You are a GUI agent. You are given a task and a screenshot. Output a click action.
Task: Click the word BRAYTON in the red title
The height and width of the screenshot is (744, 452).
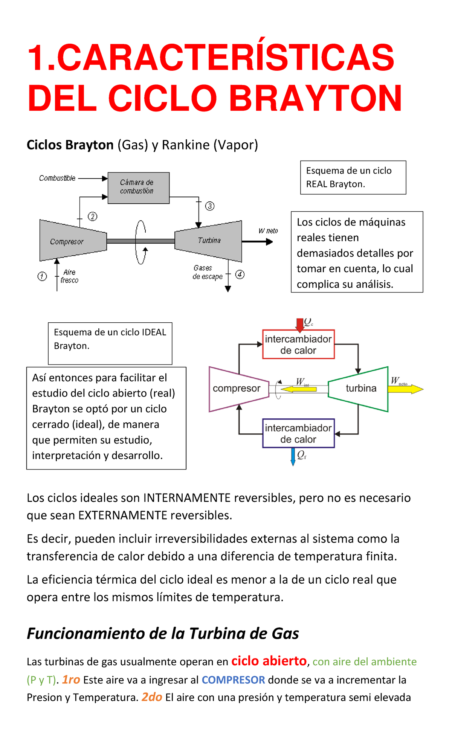[x=316, y=98]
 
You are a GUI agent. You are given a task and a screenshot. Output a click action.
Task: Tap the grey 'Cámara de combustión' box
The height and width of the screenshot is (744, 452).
[x=138, y=188]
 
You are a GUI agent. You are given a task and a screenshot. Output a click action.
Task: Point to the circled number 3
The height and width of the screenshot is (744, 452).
[x=210, y=206]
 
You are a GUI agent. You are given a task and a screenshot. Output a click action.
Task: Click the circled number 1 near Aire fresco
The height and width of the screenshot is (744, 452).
[x=42, y=276]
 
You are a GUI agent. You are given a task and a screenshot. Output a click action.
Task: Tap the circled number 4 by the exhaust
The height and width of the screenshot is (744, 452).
[x=240, y=274]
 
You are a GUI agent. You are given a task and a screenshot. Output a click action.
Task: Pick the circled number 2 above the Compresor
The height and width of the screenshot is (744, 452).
[x=92, y=216]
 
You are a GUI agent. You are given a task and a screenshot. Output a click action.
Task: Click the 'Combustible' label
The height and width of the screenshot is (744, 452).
[x=57, y=178]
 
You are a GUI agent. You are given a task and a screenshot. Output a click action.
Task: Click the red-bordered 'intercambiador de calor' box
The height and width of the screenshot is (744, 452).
[x=298, y=345]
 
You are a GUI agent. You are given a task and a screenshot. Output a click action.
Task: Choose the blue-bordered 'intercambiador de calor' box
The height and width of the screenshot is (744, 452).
[x=298, y=433]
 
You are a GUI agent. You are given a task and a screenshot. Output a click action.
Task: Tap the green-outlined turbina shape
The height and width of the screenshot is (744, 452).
[x=360, y=389]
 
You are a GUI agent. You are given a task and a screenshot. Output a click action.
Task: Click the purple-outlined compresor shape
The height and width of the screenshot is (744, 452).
[x=237, y=389]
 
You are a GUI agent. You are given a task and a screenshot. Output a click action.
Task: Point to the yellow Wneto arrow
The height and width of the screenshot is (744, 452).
[x=405, y=389]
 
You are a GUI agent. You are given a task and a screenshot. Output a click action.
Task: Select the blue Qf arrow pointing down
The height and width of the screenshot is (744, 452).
[x=293, y=456]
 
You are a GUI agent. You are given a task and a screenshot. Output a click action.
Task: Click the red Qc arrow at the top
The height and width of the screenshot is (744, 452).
[x=300, y=325]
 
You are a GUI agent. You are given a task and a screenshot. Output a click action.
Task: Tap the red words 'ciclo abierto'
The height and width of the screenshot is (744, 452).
[x=269, y=661]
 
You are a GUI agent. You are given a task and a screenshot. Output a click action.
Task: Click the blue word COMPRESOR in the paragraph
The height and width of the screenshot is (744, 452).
[x=233, y=680]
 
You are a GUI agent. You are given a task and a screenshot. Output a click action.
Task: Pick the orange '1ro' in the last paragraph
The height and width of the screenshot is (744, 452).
[x=71, y=679]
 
